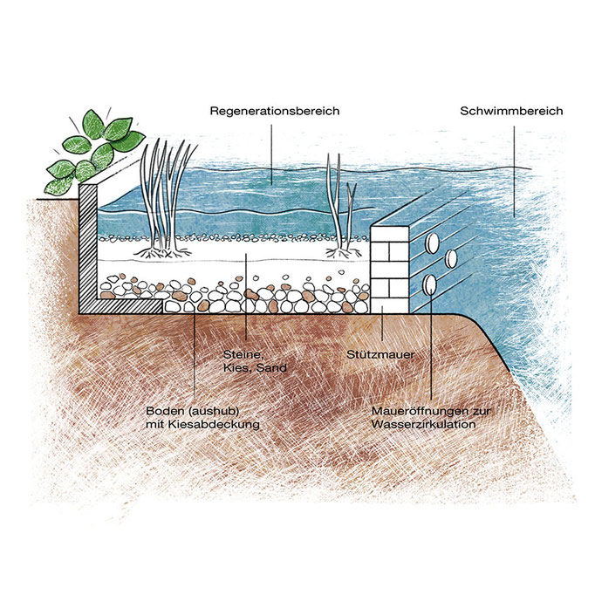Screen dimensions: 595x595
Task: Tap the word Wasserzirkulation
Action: tap(423, 424)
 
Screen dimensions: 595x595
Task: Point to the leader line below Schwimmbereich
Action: tap(513, 166)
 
